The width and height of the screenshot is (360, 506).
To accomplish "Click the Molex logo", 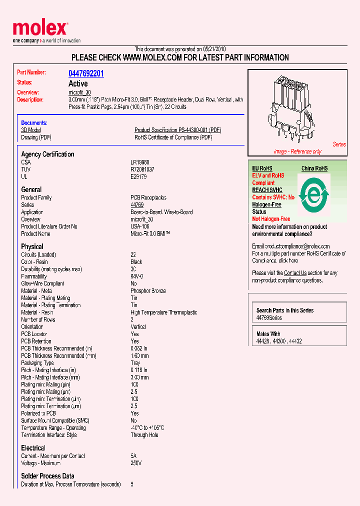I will (x=40, y=29).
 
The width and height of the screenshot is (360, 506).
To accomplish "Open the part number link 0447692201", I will (x=86, y=73).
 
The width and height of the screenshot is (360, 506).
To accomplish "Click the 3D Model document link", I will (x=31, y=130).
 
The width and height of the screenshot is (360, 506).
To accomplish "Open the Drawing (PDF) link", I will (x=36, y=137).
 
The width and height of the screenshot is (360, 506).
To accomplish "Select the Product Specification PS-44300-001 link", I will (x=177, y=130).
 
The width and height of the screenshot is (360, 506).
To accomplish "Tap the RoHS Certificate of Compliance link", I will (x=173, y=137).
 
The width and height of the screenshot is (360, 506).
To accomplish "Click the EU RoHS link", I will (x=262, y=168).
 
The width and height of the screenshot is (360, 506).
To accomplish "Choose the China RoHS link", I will (x=314, y=168).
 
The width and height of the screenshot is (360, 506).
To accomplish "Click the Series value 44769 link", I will (x=137, y=205).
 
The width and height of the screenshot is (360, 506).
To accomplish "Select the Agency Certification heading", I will (x=47, y=154).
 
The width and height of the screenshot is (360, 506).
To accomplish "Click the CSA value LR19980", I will (x=139, y=162).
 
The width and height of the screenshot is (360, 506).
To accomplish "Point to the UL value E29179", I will (x=138, y=176).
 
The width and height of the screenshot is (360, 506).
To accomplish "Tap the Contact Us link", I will (x=295, y=273).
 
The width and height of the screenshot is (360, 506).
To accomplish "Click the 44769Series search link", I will (x=269, y=318).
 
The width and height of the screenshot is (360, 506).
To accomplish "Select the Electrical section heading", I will (x=33, y=448).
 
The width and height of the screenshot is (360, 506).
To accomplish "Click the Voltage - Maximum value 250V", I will (x=136, y=463).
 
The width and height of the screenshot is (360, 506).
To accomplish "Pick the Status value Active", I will (x=78, y=83).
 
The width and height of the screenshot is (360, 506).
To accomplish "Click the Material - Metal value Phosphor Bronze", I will (x=148, y=290).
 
